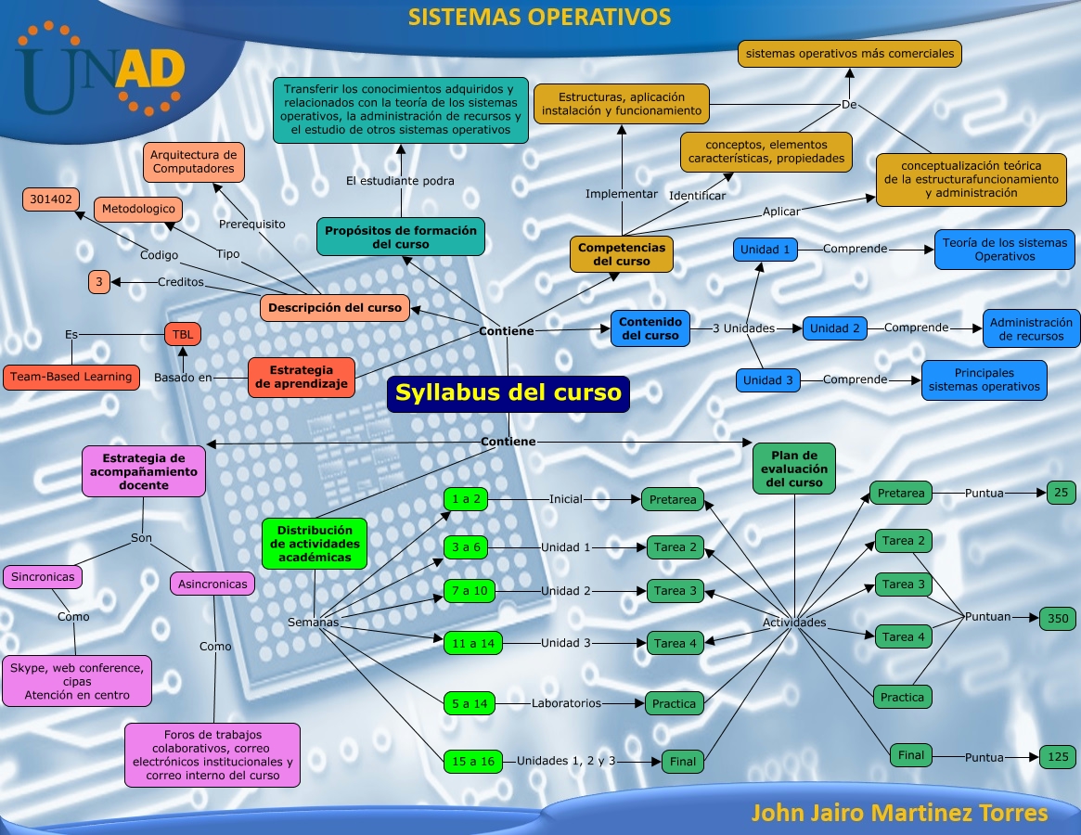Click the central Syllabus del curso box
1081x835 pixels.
508,393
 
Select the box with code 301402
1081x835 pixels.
51,199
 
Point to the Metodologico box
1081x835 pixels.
138,210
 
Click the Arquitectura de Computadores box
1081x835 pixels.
194,161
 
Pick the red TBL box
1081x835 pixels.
182,333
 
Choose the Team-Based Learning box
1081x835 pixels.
71,377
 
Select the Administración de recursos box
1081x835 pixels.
1031,328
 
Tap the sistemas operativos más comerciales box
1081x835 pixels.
850,54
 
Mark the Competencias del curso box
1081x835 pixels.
622,254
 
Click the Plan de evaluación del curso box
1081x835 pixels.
794,469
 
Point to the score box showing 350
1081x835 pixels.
1058,618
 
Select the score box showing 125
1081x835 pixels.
1058,757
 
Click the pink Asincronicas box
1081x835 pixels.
212,584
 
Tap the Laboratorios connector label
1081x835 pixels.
566,703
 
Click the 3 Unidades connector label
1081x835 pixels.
743,328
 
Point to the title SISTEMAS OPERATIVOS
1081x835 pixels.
540,17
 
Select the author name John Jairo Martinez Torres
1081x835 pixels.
898,814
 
